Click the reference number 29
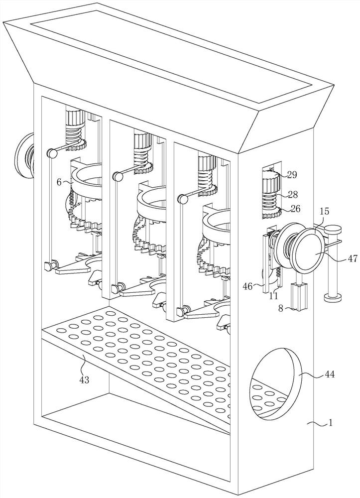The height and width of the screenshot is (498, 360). (x=292, y=174)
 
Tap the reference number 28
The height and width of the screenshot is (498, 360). (x=292, y=194)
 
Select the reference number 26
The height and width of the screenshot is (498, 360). (x=295, y=209)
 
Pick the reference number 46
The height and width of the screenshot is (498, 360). (x=248, y=286)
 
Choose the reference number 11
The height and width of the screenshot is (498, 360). (x=274, y=296)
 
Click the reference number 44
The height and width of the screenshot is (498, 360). (x=330, y=375)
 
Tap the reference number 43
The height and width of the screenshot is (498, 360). (x=85, y=379)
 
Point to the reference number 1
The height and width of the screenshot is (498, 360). (x=331, y=423)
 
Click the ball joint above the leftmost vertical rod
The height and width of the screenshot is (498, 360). (x=51, y=153)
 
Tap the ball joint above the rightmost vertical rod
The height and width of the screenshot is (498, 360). (x=183, y=199)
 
